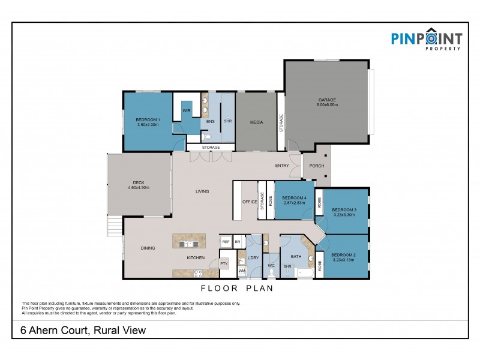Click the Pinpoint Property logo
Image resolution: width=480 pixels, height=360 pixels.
[427, 40]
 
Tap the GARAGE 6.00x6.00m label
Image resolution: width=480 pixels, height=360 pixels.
[328, 102]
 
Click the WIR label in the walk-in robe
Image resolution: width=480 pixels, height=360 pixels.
[187, 110]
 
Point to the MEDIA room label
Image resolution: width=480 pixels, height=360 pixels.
[257, 122]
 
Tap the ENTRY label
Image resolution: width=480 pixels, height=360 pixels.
[282, 166]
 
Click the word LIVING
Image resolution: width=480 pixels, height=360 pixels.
[202, 192]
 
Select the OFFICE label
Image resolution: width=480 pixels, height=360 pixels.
[250, 202]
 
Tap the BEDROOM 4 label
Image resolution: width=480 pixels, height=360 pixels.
[294, 200]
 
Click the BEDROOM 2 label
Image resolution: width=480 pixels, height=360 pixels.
[344, 256]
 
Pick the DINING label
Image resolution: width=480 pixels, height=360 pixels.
[148, 247]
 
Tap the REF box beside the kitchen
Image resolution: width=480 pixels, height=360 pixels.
[226, 242]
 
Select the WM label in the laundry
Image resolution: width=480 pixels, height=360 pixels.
[242, 271]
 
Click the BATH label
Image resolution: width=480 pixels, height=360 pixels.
[296, 256]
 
